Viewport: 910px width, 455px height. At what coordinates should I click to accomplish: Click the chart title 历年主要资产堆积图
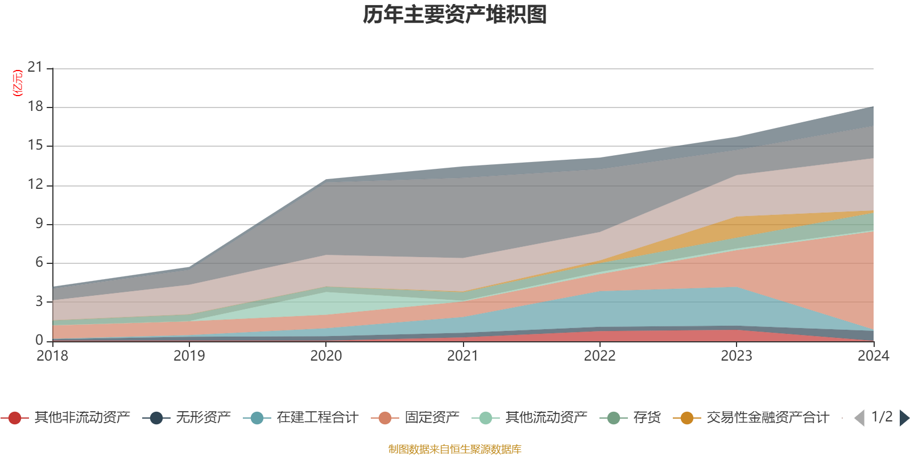coord(455,15)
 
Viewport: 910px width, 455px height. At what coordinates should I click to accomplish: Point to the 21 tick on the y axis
coord(35,68)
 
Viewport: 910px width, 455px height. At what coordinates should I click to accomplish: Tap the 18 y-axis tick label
coord(35,106)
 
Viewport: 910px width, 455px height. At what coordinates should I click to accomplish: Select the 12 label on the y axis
coord(35,184)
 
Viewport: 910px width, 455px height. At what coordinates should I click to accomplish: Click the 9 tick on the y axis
coord(39,224)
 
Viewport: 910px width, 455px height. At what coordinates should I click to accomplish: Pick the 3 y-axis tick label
coord(39,301)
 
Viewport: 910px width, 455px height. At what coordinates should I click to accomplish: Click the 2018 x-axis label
coord(52,356)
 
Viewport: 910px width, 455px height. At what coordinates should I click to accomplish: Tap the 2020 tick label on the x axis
coord(326,356)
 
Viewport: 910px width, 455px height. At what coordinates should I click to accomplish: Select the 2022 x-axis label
coord(599,356)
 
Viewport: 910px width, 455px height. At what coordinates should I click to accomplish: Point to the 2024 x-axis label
coord(873,356)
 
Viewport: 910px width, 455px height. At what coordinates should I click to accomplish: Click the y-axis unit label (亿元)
coord(18,83)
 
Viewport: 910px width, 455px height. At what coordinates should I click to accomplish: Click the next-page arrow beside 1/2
coord(904,418)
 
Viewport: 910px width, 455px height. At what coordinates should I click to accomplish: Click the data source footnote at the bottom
coord(454,449)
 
